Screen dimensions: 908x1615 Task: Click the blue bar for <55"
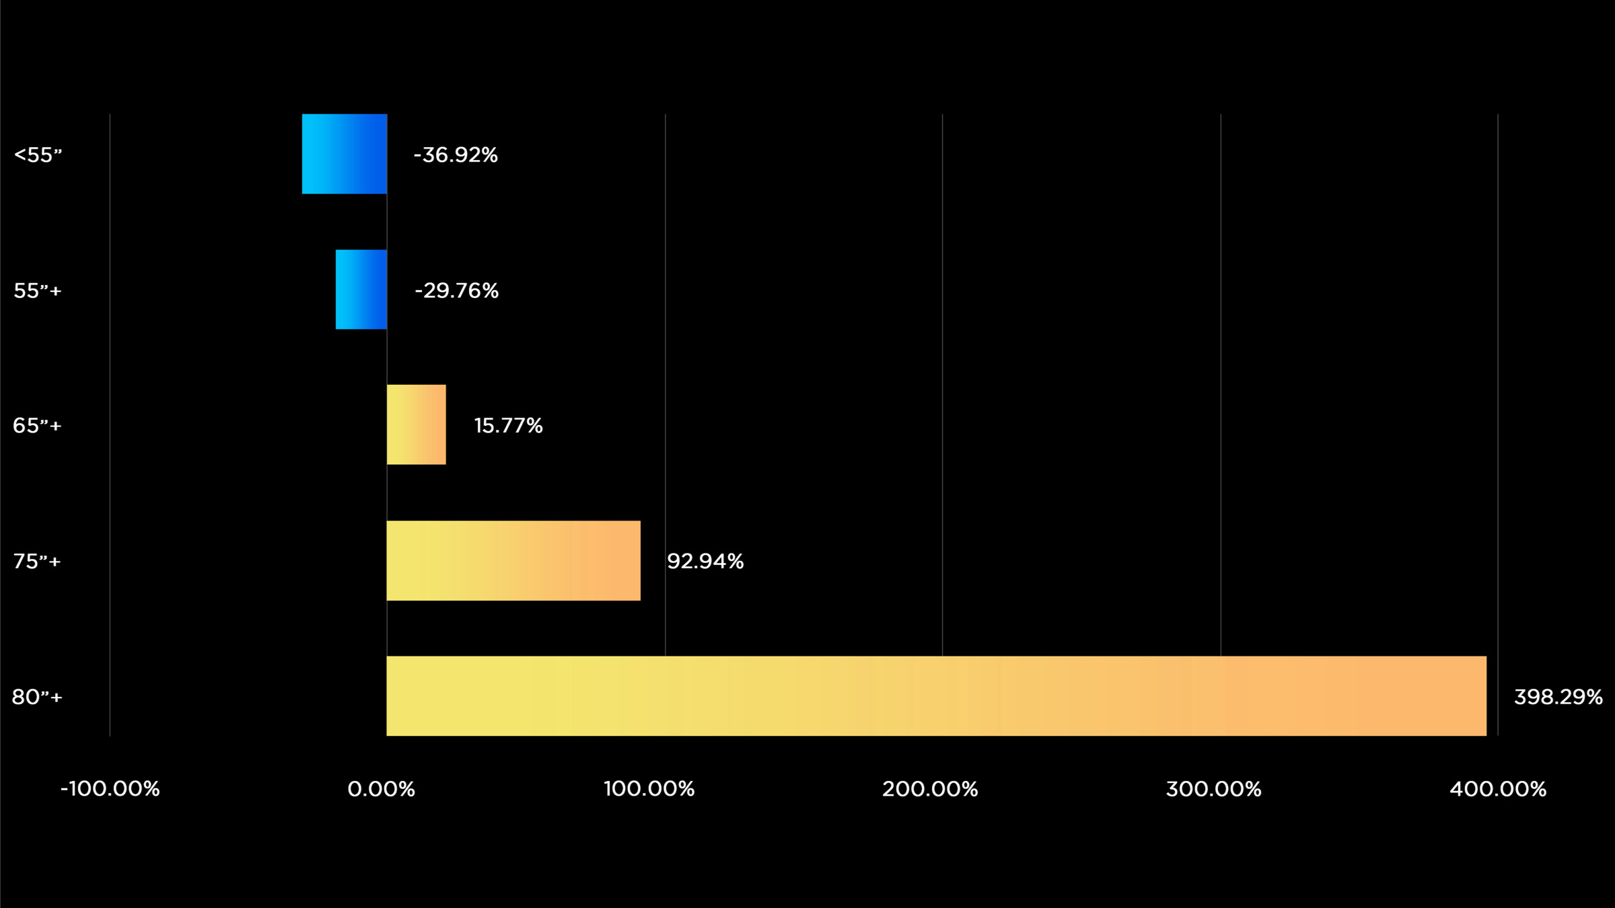345,154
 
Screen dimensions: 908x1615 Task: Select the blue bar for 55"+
361,290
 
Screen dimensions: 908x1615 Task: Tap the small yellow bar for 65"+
416,424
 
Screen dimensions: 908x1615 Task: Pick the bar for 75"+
513,560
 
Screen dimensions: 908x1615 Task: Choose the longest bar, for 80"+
936,696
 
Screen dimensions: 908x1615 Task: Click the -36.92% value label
456,155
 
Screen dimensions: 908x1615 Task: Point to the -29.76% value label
457,291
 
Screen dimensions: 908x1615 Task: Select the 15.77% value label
508,426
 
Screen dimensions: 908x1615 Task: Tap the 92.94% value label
705,561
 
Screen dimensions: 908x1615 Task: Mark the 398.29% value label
1558,697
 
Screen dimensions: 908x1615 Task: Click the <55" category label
38,155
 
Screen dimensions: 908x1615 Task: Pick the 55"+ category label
38,291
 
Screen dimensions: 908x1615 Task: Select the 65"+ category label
37,426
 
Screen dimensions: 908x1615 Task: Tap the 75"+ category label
37,561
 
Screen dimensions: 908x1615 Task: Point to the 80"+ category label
37,697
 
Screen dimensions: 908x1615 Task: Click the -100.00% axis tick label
110,789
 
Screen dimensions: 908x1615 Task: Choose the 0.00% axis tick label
382,789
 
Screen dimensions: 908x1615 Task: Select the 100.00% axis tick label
649,789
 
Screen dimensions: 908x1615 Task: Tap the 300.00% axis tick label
1213,789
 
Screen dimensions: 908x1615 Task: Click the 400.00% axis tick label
1498,789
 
